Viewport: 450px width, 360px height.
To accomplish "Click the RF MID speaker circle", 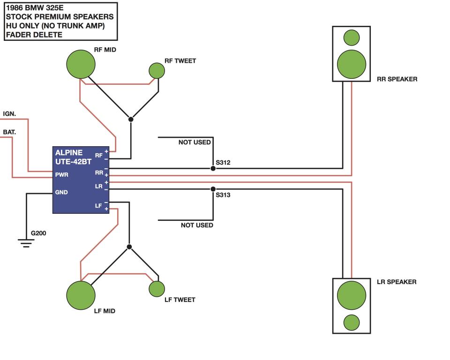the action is (x=81, y=64).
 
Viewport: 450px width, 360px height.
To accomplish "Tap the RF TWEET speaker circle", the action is (x=157, y=71).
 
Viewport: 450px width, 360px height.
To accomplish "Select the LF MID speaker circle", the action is (x=81, y=295).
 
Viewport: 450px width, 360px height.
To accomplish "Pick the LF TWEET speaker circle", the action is (x=157, y=289).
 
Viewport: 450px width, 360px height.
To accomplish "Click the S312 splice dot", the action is (x=213, y=169).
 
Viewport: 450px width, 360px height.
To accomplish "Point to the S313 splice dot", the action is (x=213, y=189).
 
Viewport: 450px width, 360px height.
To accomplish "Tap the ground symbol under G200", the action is (x=26, y=243).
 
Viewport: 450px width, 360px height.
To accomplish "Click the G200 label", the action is (x=38, y=233).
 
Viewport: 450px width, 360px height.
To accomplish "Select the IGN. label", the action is (x=9, y=114).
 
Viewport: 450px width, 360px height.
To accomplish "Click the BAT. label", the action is (x=9, y=132).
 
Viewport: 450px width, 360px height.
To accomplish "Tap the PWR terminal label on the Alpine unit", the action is (x=62, y=174).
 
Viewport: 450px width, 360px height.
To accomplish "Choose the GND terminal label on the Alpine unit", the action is (x=61, y=192).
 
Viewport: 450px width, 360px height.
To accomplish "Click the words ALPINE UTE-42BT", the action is (x=73, y=157).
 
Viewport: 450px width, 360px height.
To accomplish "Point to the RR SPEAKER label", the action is (x=397, y=79).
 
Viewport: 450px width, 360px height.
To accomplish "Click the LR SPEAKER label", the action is (x=397, y=282).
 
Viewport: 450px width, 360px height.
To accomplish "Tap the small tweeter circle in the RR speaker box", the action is (x=352, y=37).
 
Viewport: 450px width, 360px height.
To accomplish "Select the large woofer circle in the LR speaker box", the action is (x=352, y=295).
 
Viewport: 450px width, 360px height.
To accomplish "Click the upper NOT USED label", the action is (x=195, y=142).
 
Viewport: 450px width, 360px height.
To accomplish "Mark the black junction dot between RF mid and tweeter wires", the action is (x=131, y=119).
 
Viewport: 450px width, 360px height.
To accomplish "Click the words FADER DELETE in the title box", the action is (x=34, y=35).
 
